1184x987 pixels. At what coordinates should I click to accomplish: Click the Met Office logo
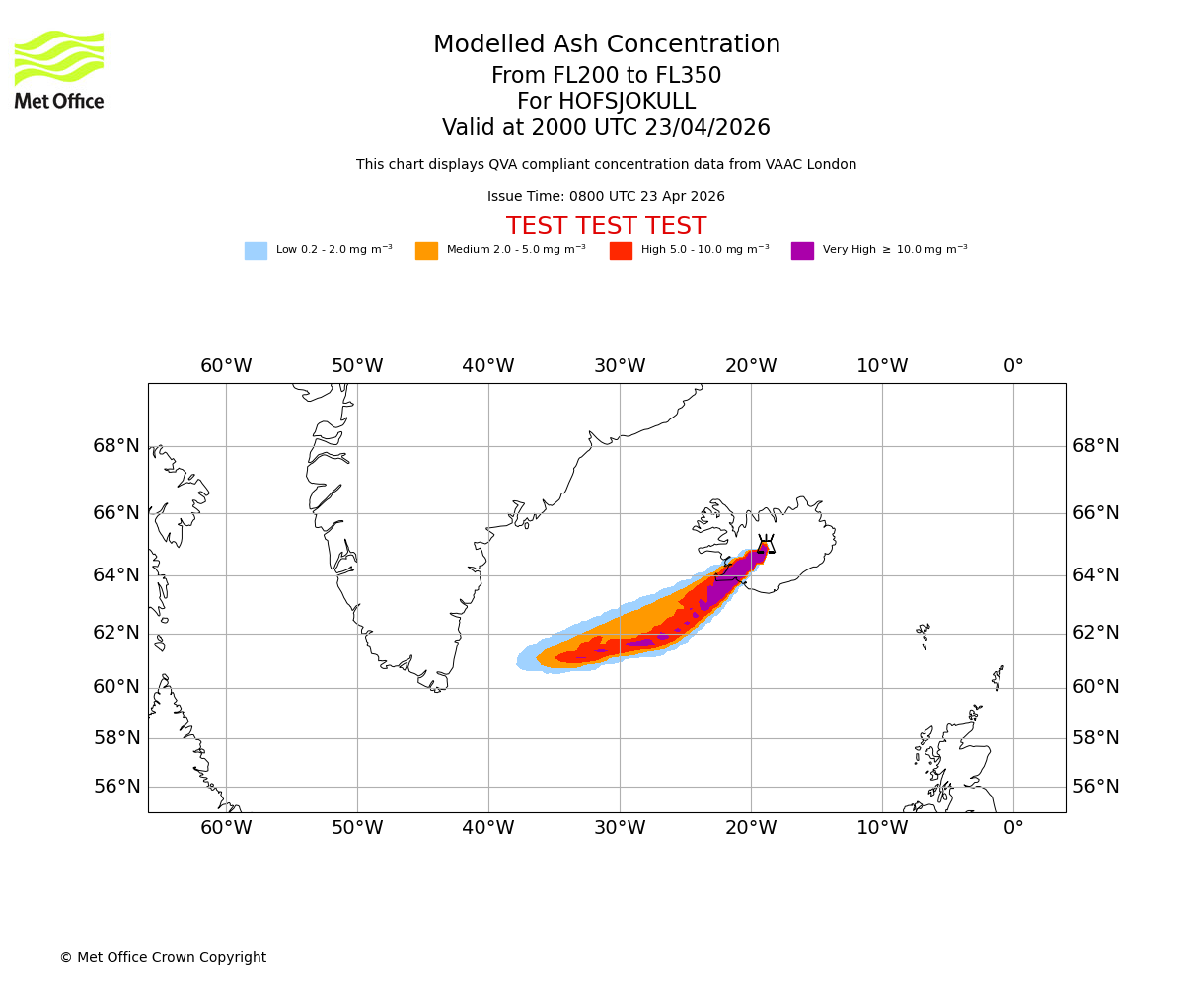click(x=59, y=69)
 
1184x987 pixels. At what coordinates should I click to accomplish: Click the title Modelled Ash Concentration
click(x=606, y=45)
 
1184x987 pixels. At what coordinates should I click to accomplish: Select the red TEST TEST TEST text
click(x=606, y=227)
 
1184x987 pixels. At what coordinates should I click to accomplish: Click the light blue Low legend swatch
click(x=256, y=251)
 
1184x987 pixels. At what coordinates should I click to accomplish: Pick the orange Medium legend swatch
click(x=426, y=251)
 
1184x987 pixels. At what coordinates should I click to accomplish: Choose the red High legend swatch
click(x=621, y=251)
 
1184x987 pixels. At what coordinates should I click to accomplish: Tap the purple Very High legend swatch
click(x=802, y=251)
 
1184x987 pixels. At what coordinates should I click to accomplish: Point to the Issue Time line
click(x=606, y=197)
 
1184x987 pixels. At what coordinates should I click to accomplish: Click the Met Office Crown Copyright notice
click(x=163, y=958)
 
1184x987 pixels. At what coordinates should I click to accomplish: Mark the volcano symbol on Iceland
click(x=766, y=544)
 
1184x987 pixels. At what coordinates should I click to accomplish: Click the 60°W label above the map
click(x=226, y=366)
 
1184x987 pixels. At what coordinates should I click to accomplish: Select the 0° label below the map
click(x=1013, y=828)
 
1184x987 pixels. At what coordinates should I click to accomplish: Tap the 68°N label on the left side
click(x=116, y=446)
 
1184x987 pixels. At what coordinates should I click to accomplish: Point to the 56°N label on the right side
click(x=1096, y=787)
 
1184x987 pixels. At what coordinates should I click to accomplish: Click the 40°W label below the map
click(x=488, y=828)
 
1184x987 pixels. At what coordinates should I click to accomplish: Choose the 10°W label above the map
click(x=882, y=366)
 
